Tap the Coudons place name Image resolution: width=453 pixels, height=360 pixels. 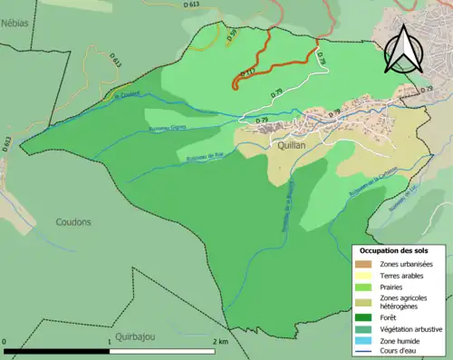[x=75, y=221]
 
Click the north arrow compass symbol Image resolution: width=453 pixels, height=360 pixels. [x=403, y=49]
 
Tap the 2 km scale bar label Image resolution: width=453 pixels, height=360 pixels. [x=219, y=342]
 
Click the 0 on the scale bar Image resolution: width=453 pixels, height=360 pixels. [x=5, y=342]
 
